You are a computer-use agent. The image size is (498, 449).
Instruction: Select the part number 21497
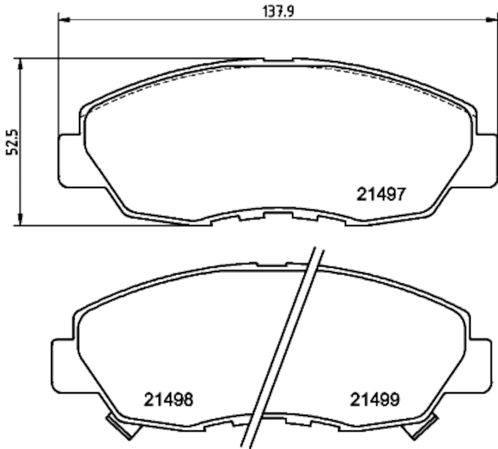pyautogui.click(x=382, y=194)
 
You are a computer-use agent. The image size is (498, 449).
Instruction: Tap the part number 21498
pyautogui.click(x=168, y=399)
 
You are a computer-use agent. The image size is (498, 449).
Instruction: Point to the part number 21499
pyautogui.click(x=374, y=399)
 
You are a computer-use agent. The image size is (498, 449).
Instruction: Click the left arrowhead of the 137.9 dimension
pyautogui.click(x=63, y=20)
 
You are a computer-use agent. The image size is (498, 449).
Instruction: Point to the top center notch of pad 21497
pyautogui.click(x=278, y=60)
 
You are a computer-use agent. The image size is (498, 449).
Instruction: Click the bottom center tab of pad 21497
pyautogui.click(x=278, y=216)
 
